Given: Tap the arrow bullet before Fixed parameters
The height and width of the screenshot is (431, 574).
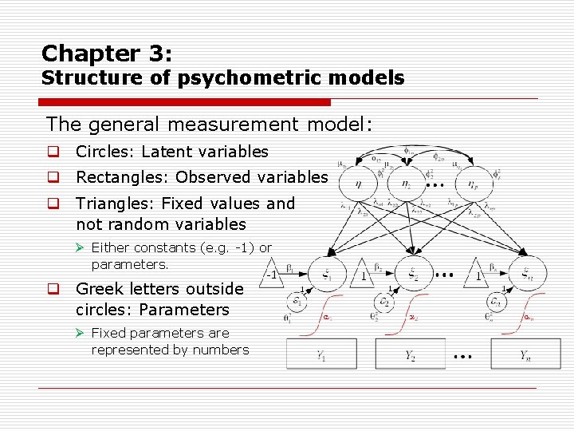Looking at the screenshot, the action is click(x=81, y=333).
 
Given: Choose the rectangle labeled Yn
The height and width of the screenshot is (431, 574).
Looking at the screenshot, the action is click(x=526, y=355).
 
